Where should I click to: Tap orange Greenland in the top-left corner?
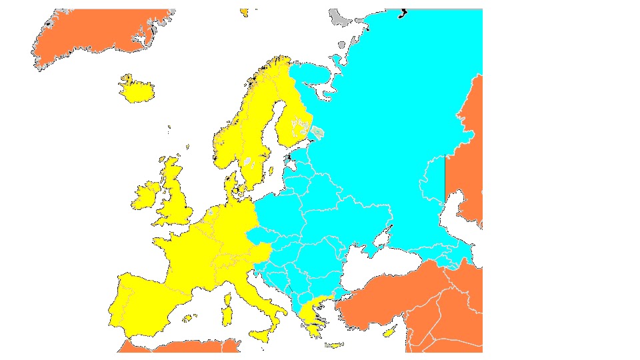click(93, 37)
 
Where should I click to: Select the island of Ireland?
click(146, 195)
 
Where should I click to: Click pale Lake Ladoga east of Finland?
click(318, 133)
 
